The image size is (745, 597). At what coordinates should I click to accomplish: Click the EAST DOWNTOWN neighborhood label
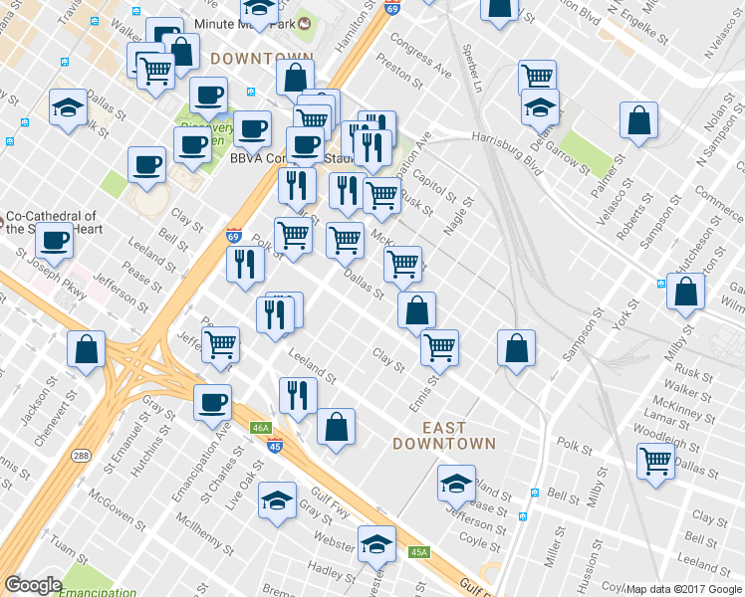click(443, 435)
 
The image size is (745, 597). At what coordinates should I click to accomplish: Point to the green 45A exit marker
click(418, 552)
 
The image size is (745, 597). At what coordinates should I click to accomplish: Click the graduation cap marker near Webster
click(376, 543)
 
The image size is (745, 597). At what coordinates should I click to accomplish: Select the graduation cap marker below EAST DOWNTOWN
click(456, 484)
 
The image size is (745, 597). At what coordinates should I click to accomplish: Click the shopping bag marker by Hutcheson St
click(685, 291)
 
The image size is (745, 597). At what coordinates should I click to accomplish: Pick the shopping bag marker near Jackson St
click(87, 349)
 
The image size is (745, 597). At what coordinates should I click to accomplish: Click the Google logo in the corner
click(33, 585)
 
